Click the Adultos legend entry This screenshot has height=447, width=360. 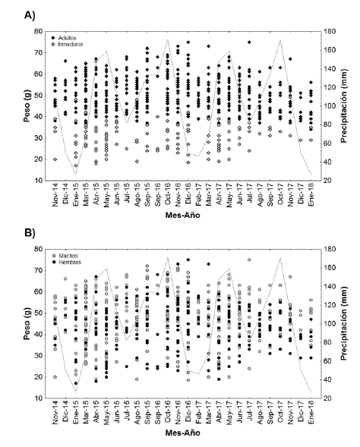(x=73, y=36)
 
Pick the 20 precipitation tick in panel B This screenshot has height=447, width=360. (x=322, y=398)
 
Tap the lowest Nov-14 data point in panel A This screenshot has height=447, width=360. (x=55, y=159)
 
